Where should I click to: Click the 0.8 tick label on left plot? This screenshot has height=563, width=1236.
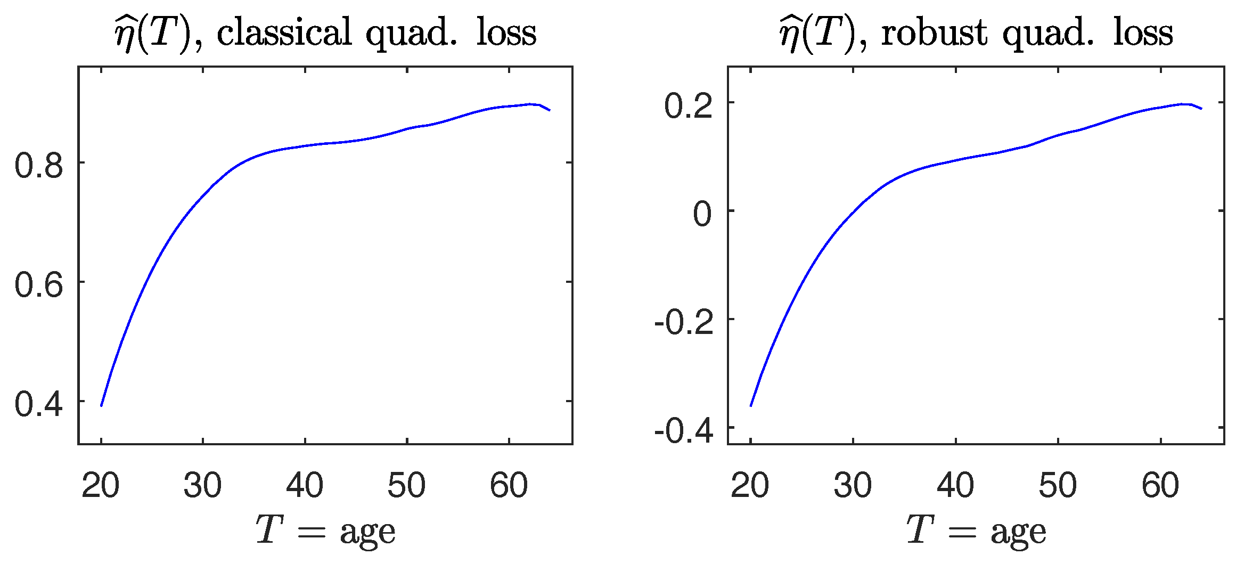tap(38, 165)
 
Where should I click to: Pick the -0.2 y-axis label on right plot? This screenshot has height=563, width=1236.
tap(684, 322)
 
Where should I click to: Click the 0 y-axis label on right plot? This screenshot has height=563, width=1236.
tap(702, 214)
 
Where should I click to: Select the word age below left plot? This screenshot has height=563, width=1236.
tap(368, 533)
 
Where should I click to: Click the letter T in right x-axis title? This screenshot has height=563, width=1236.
tap(920, 530)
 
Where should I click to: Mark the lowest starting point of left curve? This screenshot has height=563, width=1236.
tap(101, 406)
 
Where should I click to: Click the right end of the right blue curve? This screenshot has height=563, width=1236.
tap(1201, 109)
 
